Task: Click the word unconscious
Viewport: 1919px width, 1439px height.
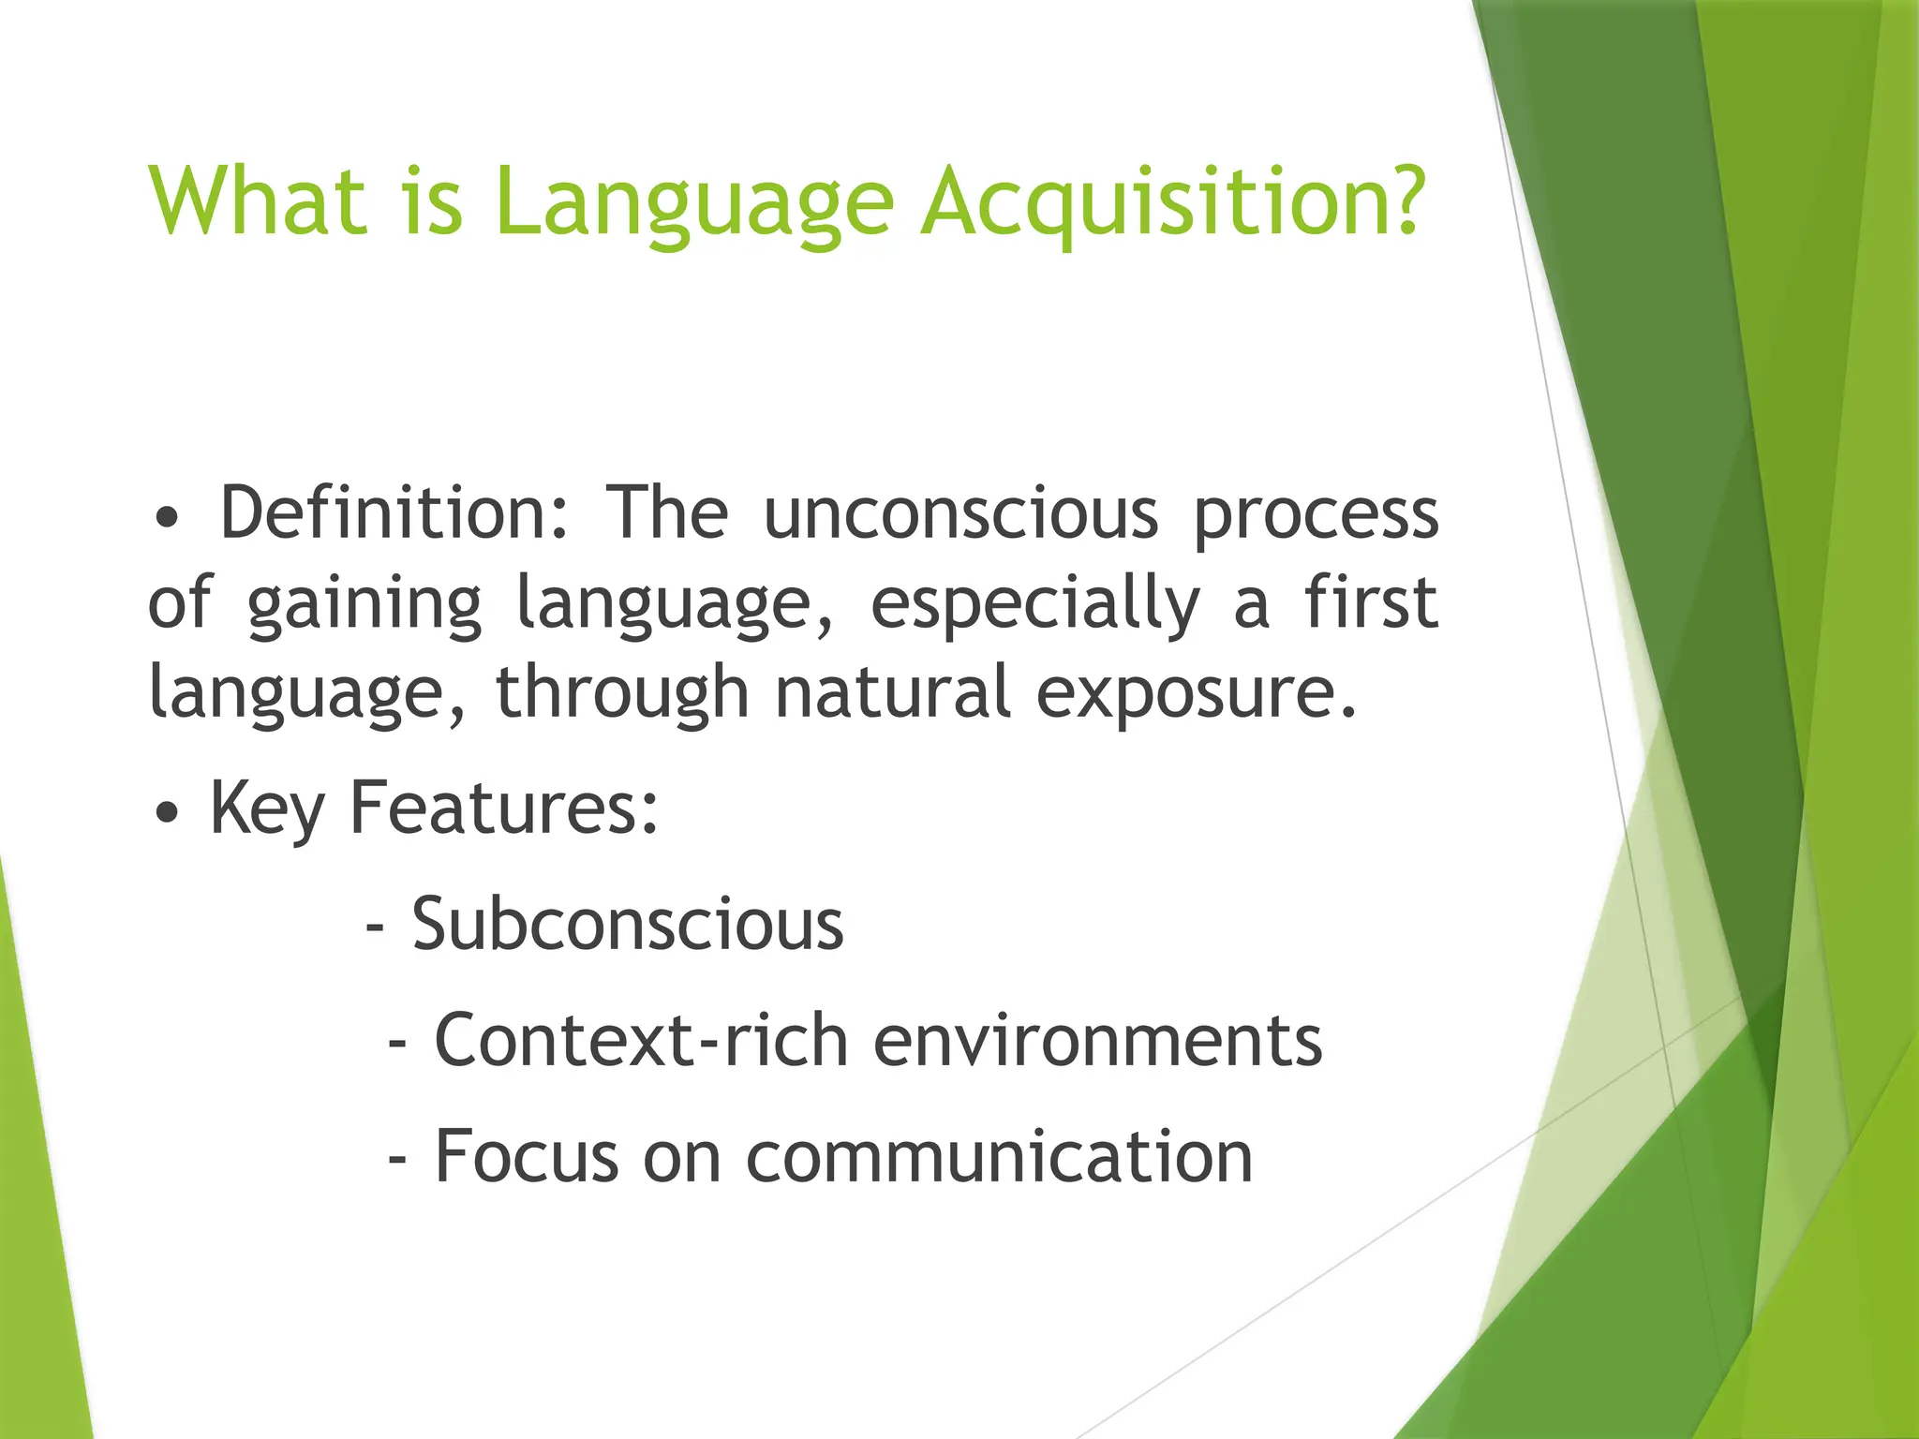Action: tap(960, 515)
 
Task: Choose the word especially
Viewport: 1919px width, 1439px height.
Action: tap(1034, 605)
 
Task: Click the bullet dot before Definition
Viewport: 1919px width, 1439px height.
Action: tap(167, 518)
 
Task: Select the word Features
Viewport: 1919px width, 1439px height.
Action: tap(503, 808)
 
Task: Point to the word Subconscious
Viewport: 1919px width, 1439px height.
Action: tap(627, 925)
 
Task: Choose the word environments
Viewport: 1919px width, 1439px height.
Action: tap(1097, 1042)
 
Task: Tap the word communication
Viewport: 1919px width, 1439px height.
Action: tap(999, 1157)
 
